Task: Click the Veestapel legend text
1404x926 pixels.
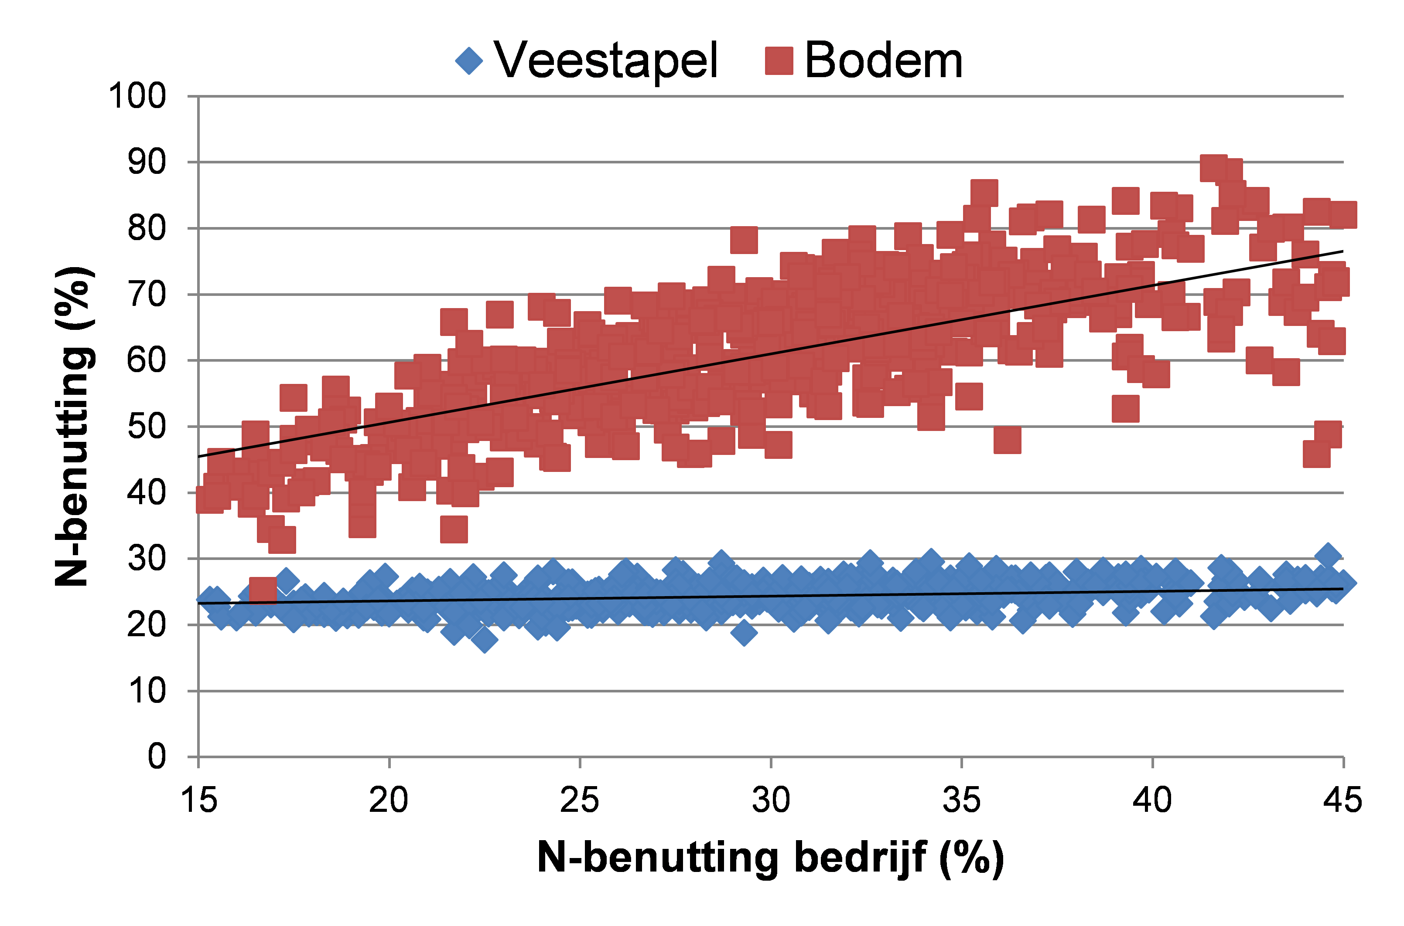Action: point(606,61)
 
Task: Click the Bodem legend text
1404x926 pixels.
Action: point(883,61)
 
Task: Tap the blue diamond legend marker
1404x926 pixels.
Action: point(469,61)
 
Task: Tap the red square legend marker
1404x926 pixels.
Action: point(779,61)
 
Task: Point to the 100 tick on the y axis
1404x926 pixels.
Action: point(137,96)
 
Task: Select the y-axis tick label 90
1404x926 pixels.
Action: point(147,162)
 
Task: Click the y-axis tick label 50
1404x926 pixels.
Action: point(147,426)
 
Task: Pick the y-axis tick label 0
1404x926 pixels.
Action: point(157,756)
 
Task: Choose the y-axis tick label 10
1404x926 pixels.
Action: point(147,690)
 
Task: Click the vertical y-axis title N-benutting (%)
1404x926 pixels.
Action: point(73,426)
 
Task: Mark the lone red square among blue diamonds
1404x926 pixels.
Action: point(263,590)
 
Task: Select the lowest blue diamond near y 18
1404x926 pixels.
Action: point(485,640)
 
